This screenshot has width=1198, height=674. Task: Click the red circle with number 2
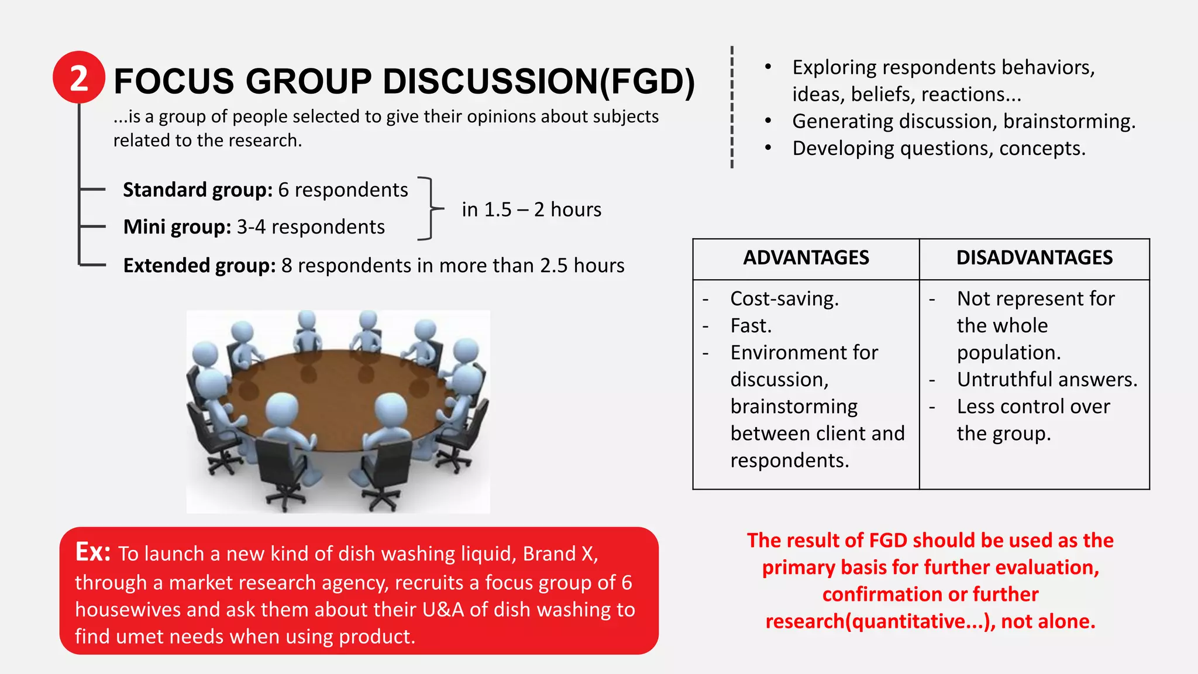79,78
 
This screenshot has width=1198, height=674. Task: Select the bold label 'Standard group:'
198,190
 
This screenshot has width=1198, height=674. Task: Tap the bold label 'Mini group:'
177,227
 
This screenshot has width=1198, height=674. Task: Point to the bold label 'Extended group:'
199,266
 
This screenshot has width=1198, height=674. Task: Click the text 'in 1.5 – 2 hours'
531,209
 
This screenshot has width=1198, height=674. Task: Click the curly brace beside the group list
431,208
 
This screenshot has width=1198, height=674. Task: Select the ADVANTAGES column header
805,258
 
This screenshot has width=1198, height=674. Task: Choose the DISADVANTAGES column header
1034,258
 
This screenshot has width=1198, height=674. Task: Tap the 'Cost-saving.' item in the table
784,299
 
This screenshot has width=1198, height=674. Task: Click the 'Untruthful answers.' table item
1047,380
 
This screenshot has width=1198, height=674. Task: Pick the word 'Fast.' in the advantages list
751,326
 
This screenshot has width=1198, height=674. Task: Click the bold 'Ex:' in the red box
93,552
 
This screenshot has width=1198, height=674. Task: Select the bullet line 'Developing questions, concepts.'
939,149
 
